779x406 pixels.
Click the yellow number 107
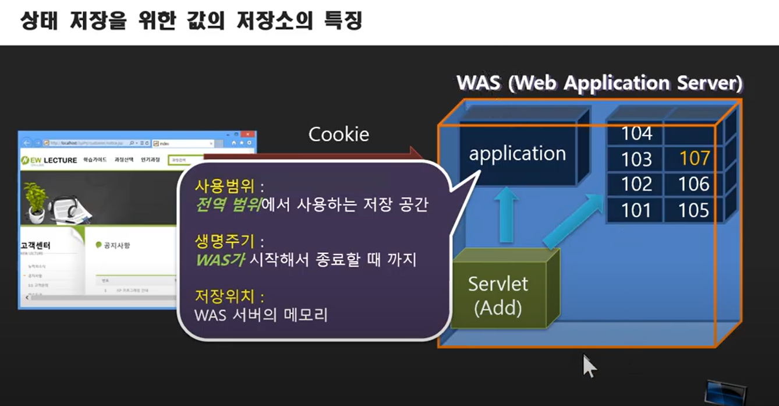695,158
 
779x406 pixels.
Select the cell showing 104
636,133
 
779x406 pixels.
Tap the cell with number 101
636,210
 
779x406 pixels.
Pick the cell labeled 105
693,210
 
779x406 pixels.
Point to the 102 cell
636,184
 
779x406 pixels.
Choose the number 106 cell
694,184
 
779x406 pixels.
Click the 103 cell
636,158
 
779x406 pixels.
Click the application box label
517,153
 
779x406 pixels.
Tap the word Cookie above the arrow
338,135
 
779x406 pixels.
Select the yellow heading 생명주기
229,241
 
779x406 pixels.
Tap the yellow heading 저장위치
229,297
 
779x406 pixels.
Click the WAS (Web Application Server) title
599,83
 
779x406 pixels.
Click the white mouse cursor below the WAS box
590,366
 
